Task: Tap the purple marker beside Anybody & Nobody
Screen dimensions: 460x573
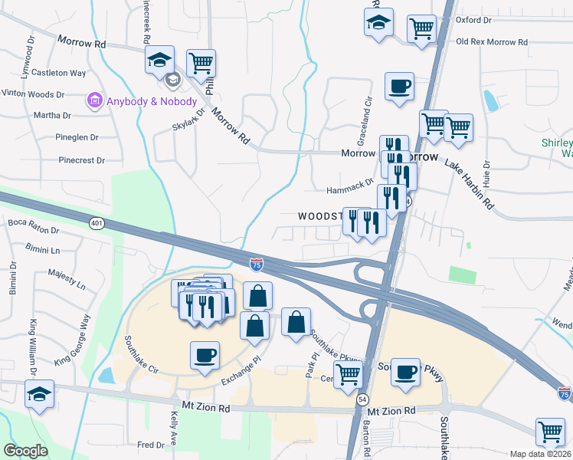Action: (x=95, y=100)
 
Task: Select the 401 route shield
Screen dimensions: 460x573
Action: (x=96, y=223)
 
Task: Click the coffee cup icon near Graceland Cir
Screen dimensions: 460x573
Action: (x=398, y=86)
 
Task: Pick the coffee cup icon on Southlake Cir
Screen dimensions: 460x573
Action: (x=204, y=356)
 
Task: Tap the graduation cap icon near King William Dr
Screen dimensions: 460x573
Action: (x=39, y=394)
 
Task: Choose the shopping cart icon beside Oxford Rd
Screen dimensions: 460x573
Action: (x=421, y=29)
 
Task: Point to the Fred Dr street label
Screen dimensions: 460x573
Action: (x=150, y=445)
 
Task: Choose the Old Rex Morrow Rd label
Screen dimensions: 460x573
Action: (x=487, y=41)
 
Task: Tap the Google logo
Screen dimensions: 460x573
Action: (x=25, y=451)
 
